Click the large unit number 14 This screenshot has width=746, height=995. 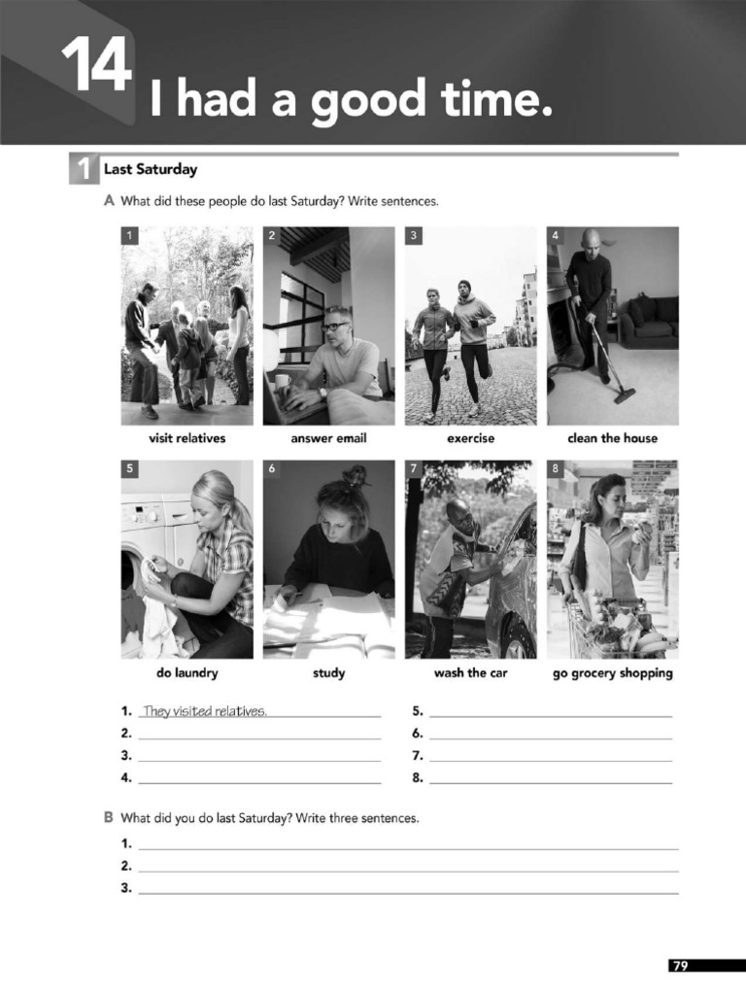pos(95,67)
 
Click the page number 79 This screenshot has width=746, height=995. pos(680,965)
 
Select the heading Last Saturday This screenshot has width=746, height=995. pos(150,169)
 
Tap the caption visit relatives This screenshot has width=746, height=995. pos(186,438)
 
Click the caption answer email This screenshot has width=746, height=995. pos(328,438)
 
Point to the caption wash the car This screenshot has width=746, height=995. pos(470,672)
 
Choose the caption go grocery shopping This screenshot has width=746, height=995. pos(612,672)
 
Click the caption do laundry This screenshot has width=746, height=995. pos(186,672)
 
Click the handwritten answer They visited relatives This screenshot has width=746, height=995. pos(204,711)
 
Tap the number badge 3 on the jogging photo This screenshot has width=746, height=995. pos(414,235)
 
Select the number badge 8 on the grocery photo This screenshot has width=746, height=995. pos(556,469)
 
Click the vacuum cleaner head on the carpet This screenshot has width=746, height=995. pos(624,395)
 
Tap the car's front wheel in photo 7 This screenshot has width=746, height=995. pos(518,640)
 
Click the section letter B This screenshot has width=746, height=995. pos(109,818)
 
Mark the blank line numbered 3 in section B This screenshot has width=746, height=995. pos(408,891)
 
